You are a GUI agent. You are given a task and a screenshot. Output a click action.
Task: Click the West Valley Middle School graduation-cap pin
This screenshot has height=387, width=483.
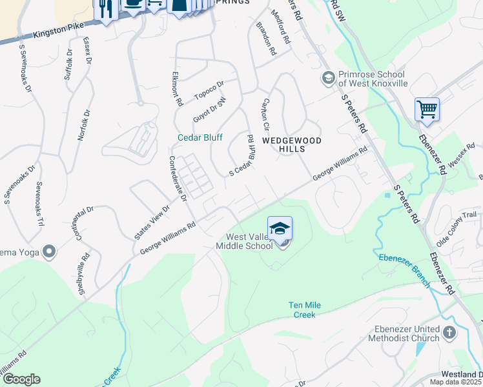280,229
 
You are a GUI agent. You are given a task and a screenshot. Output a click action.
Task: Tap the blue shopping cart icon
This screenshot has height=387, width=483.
427,109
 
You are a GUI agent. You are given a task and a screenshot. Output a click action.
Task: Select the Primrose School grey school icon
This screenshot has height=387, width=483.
328,78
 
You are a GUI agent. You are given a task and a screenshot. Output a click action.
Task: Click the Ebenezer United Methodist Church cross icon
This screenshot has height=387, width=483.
449,333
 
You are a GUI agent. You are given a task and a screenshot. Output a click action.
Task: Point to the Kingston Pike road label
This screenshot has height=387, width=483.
58,31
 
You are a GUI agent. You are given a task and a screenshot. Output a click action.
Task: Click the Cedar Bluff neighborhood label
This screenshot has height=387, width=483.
200,137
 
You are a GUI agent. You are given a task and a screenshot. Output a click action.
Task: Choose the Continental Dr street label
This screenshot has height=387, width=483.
85,223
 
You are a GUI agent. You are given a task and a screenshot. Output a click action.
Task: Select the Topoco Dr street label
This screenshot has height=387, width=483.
209,90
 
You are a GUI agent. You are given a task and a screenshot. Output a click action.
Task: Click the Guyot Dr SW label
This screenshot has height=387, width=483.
210,110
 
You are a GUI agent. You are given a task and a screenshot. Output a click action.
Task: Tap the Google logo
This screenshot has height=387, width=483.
21,379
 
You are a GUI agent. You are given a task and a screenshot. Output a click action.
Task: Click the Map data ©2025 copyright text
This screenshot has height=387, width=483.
456,382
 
